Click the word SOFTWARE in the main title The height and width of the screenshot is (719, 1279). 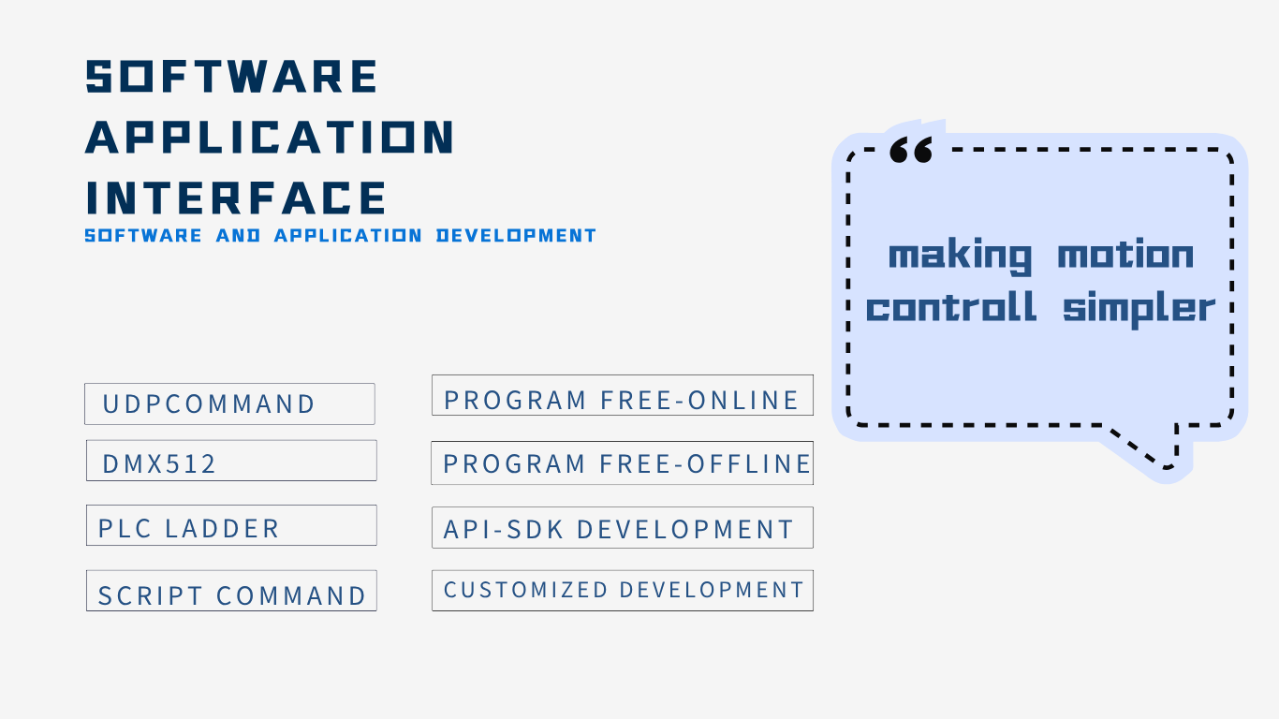tap(231, 76)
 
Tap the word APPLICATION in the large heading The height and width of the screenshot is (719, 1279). tap(270, 137)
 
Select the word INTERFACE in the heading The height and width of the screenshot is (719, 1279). tap(236, 198)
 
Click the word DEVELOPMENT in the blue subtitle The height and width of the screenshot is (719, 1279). tap(516, 235)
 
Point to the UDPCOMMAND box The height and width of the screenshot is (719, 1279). tap(229, 404)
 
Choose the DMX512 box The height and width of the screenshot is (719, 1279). tap(231, 461)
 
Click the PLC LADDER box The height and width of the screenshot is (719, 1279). tap(231, 525)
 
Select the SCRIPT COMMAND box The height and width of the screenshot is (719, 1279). tap(231, 591)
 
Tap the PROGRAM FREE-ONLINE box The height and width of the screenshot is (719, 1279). tap(623, 395)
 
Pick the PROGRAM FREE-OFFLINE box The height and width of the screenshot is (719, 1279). tap(623, 462)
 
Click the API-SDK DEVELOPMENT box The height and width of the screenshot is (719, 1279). tap(623, 528)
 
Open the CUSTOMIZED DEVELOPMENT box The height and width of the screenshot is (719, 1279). tap(623, 591)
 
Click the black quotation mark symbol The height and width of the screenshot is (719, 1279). tap(911, 150)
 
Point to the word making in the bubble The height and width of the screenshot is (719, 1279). tap(961, 257)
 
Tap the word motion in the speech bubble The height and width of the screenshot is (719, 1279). tap(1125, 254)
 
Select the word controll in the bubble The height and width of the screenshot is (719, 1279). tap(950, 307)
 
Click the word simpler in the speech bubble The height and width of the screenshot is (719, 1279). tap(1139, 309)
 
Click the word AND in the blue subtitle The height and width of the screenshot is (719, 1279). tap(239, 235)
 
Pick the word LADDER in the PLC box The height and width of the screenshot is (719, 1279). tap(222, 528)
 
